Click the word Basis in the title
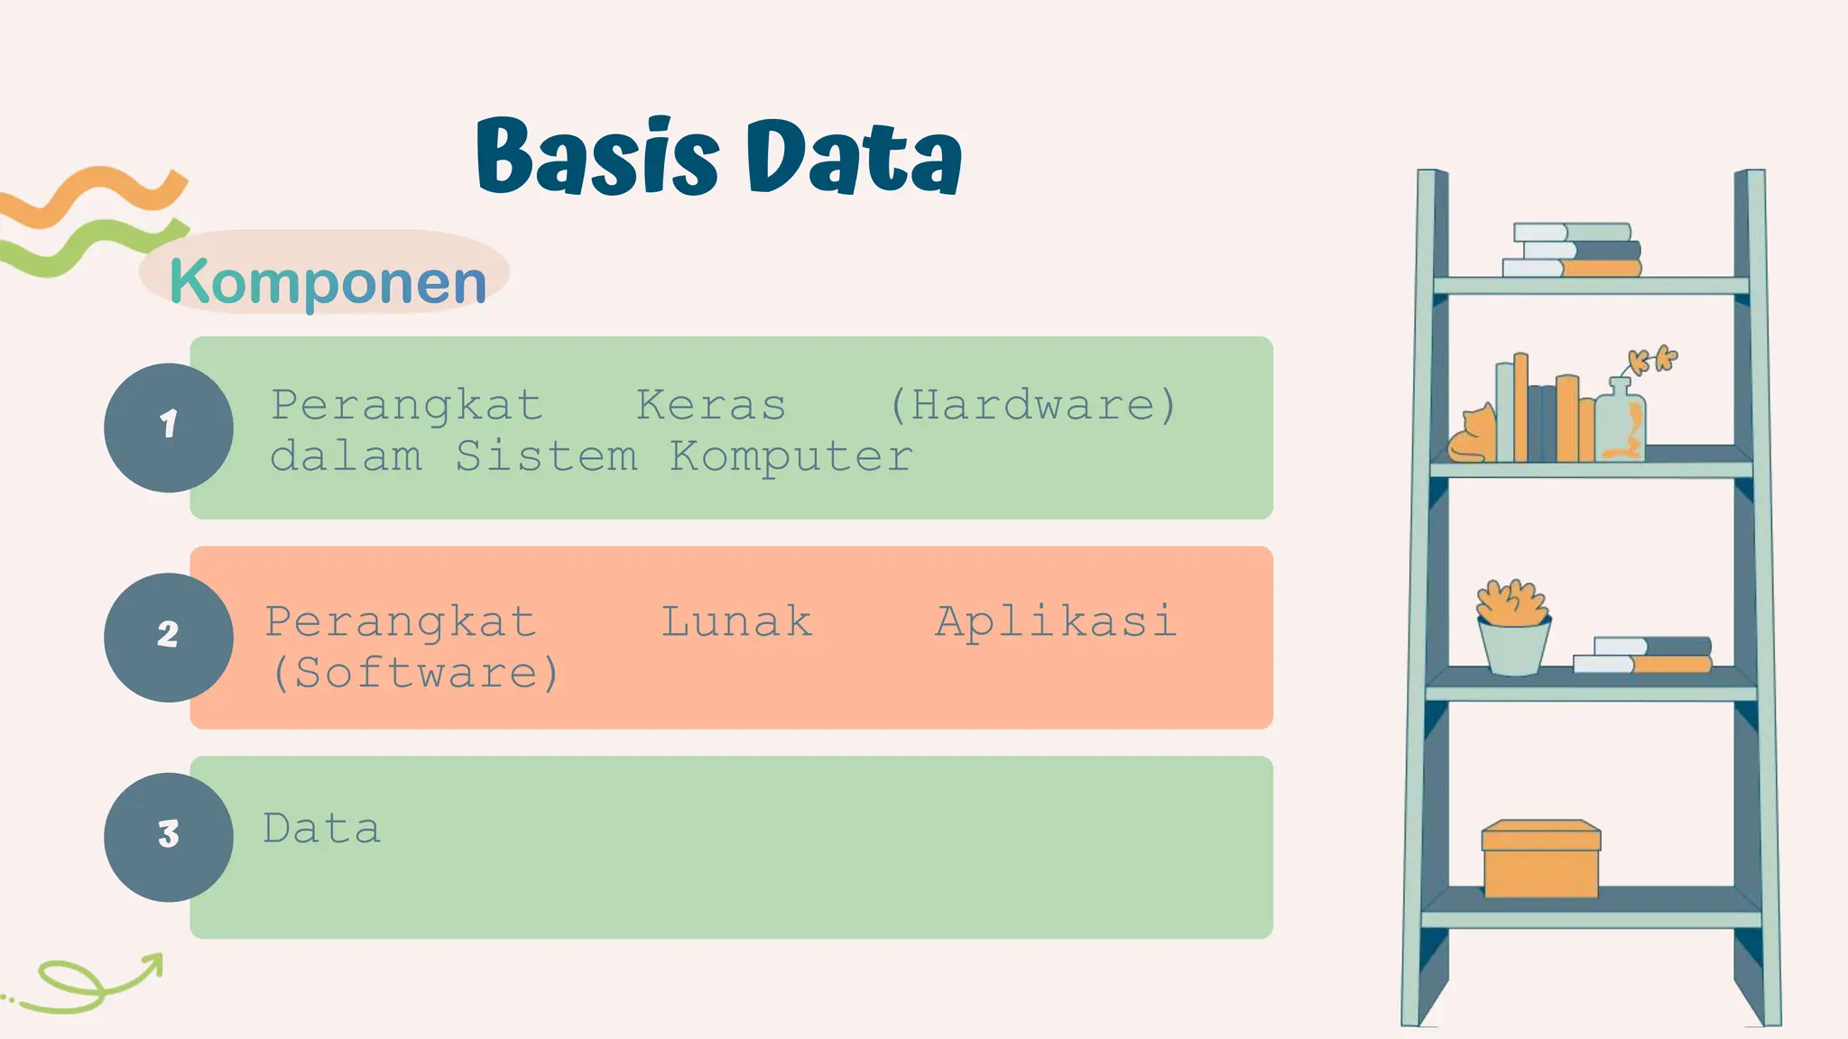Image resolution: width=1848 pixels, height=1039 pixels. point(596,157)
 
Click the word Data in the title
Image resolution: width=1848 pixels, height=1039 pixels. point(853,157)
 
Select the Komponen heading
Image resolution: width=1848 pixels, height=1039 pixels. point(328,281)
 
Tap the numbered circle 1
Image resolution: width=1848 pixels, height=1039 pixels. point(169,428)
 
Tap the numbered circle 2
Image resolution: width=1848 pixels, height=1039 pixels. point(169,637)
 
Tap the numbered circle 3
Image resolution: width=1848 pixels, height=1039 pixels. point(169,837)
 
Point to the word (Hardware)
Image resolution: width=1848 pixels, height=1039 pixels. point(1033,406)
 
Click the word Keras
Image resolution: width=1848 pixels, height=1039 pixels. point(711,406)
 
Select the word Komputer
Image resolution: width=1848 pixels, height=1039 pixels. point(790,456)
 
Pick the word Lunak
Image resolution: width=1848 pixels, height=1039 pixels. point(736,622)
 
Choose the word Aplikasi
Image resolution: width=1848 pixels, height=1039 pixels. point(1056,622)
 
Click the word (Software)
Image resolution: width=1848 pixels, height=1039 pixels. point(415,674)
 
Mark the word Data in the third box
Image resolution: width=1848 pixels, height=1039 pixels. point(322,829)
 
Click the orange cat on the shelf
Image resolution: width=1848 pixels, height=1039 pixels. point(1473,437)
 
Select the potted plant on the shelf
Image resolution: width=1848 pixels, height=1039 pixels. point(1513,628)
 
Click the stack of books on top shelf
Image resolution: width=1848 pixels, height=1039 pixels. point(1573,250)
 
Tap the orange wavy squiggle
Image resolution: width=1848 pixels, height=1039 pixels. point(95,194)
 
